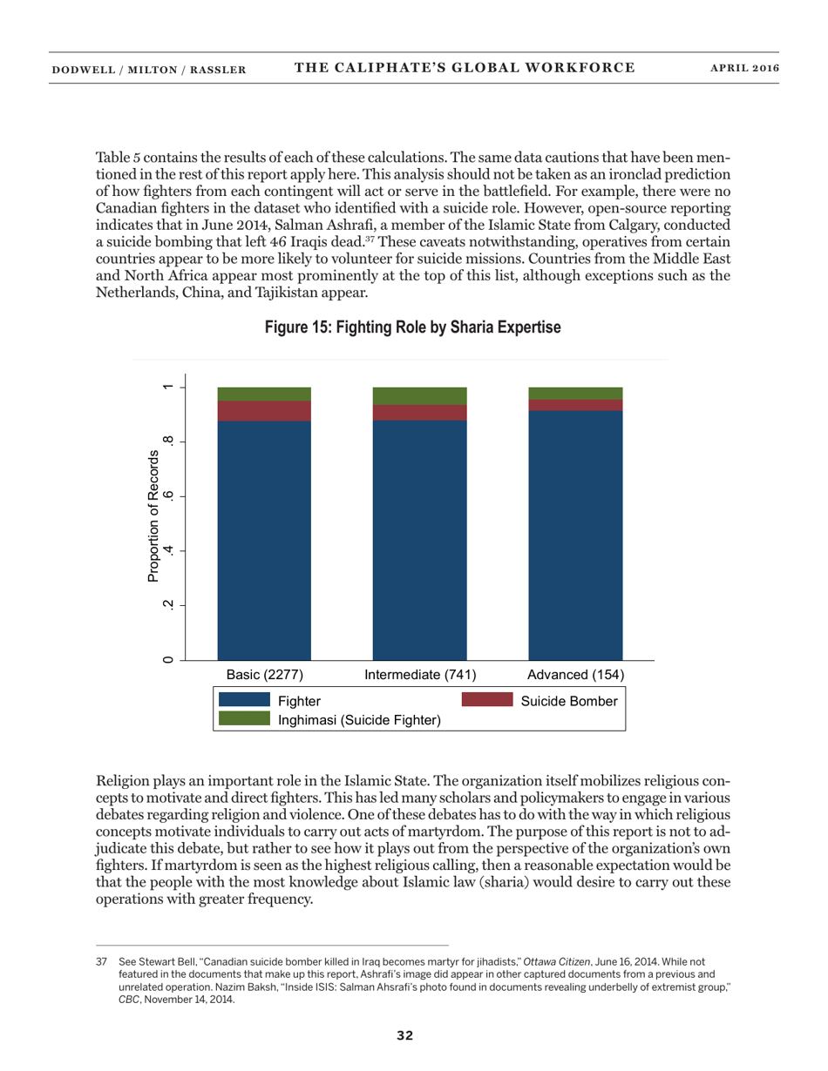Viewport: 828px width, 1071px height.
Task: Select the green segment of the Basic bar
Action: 264,394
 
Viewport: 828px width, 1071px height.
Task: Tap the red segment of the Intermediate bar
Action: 419,413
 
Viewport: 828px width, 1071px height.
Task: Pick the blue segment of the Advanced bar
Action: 575,535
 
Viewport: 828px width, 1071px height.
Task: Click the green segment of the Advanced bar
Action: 575,393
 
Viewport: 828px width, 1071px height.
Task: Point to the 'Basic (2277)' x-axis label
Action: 264,675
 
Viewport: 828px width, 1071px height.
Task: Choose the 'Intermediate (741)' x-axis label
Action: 419,675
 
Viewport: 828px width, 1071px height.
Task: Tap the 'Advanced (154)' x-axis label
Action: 575,675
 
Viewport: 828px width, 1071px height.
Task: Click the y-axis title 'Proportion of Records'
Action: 153,515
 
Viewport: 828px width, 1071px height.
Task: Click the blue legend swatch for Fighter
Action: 244,700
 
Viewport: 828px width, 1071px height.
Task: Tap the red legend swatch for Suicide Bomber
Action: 486,700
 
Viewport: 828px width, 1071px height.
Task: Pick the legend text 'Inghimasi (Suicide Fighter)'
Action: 359,720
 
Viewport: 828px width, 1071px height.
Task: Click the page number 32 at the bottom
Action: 404,1035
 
